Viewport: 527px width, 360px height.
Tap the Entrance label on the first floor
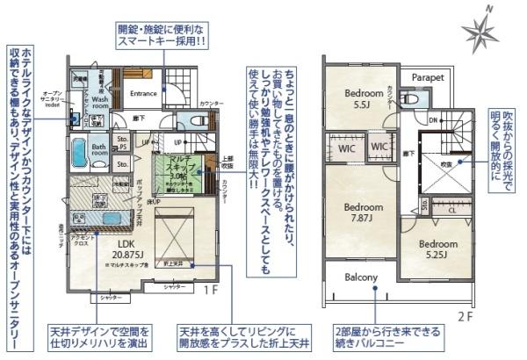pyautogui.click(x=142, y=93)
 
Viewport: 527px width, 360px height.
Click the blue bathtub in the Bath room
pyautogui.click(x=77, y=152)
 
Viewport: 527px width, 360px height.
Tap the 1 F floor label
pyautogui.click(x=211, y=288)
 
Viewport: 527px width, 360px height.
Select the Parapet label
pyautogui.click(x=428, y=77)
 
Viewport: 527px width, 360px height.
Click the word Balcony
pyautogui.click(x=361, y=278)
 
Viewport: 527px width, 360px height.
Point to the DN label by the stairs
pyautogui.click(x=433, y=119)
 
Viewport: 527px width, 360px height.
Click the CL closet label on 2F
pyautogui.click(x=451, y=210)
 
